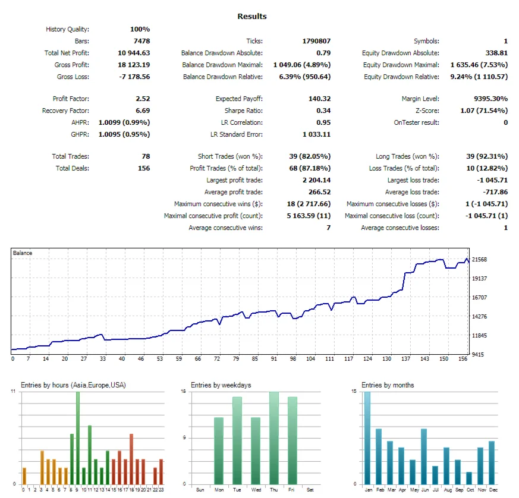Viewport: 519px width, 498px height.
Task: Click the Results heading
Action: pyautogui.click(x=252, y=16)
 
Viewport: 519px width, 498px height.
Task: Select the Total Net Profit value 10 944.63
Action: pyautogui.click(x=134, y=53)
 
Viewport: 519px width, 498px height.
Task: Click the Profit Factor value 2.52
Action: pyautogui.click(x=143, y=99)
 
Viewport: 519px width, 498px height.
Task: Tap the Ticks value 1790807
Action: pyautogui.click(x=316, y=41)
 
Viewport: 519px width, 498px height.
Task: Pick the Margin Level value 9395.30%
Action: pyautogui.click(x=490, y=99)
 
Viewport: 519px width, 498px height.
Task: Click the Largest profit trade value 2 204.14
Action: pyautogui.click(x=316, y=180)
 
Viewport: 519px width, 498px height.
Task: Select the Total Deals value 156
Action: pyautogui.click(x=143, y=168)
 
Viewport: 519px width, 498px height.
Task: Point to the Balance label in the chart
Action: pyautogui.click(x=23, y=253)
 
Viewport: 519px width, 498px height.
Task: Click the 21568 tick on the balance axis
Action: pyautogui.click(x=480, y=260)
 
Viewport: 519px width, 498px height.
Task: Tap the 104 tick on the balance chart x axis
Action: pyautogui.click(x=311, y=359)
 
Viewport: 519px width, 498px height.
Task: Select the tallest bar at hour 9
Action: pyautogui.click(x=77, y=438)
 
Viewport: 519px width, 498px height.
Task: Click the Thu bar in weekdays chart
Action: pyautogui.click(x=274, y=438)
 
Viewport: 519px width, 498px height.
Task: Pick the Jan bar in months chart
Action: pyautogui.click(x=367, y=438)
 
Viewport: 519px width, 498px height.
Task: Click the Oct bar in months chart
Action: pyautogui.click(x=469, y=478)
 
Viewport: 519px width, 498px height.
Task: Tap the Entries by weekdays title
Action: pyautogui.click(x=221, y=385)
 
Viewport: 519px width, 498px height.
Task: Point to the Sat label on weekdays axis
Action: pyautogui.click(x=310, y=490)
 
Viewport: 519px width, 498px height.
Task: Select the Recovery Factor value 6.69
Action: pyautogui.click(x=143, y=111)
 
